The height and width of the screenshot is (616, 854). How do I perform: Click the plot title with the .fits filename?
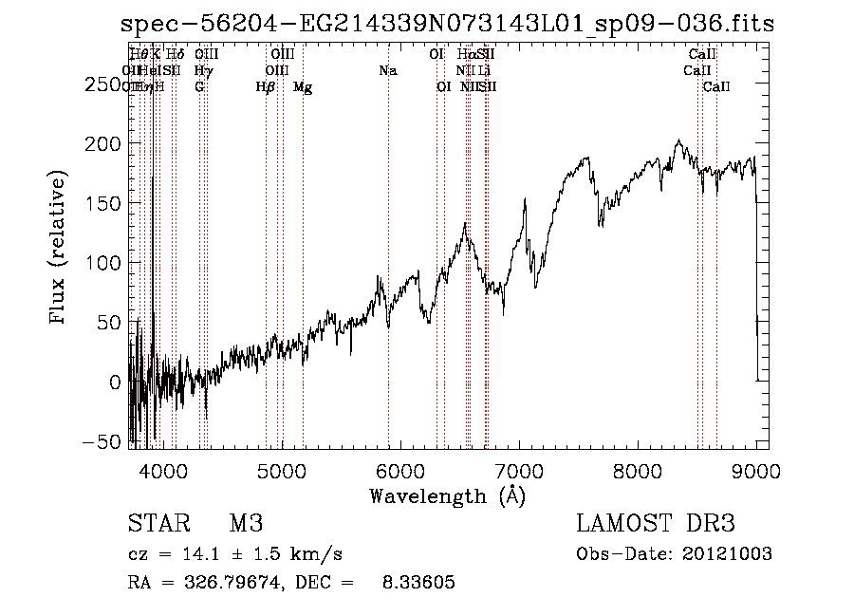click(x=447, y=24)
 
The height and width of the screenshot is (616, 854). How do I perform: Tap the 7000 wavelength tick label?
click(x=520, y=470)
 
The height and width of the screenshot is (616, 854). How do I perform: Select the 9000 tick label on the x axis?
click(x=757, y=470)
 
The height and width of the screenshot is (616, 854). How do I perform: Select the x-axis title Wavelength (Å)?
click(x=447, y=495)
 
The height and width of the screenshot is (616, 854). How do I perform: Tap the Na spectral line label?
click(x=387, y=71)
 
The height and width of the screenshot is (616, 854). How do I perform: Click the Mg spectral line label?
click(x=303, y=87)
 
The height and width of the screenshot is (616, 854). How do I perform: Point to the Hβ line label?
click(x=266, y=87)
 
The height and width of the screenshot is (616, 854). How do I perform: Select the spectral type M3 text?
click(x=246, y=524)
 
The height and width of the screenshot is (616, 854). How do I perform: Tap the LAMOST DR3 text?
click(x=656, y=524)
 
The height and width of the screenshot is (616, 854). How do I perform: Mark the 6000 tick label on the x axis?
click(x=400, y=470)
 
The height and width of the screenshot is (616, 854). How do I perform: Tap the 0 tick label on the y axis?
click(x=115, y=382)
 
